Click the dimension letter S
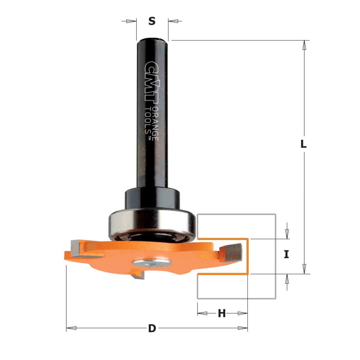[x=152, y=21]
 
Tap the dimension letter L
[x=303, y=144]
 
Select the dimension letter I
[x=286, y=254]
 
